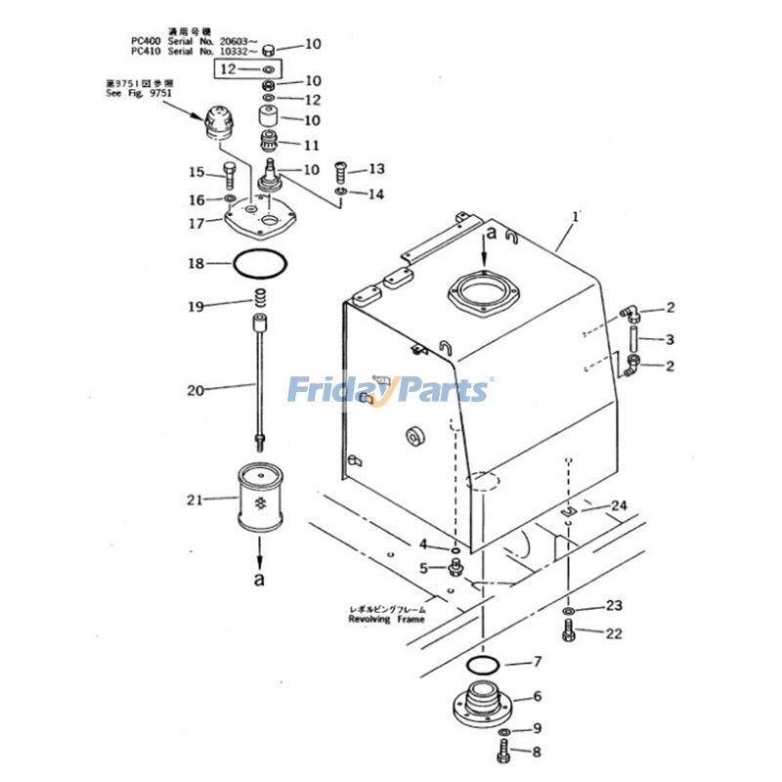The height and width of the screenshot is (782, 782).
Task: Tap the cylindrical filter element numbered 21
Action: (259, 500)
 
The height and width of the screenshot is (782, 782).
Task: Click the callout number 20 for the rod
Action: (195, 390)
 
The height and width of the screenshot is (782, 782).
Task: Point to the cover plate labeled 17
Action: (256, 220)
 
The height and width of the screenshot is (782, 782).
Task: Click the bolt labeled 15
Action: (229, 176)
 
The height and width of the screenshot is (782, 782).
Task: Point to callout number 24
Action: (618, 505)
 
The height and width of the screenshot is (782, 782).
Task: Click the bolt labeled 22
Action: (569, 631)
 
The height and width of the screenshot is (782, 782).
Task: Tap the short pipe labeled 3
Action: (633, 339)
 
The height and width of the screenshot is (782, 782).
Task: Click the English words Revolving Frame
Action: (386, 619)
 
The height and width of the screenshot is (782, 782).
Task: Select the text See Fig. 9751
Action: (136, 95)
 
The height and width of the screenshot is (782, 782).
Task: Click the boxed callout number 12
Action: (227, 69)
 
